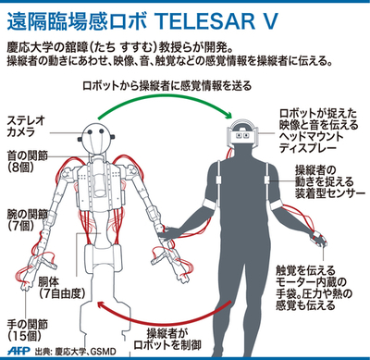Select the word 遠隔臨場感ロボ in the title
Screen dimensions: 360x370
[73, 16]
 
